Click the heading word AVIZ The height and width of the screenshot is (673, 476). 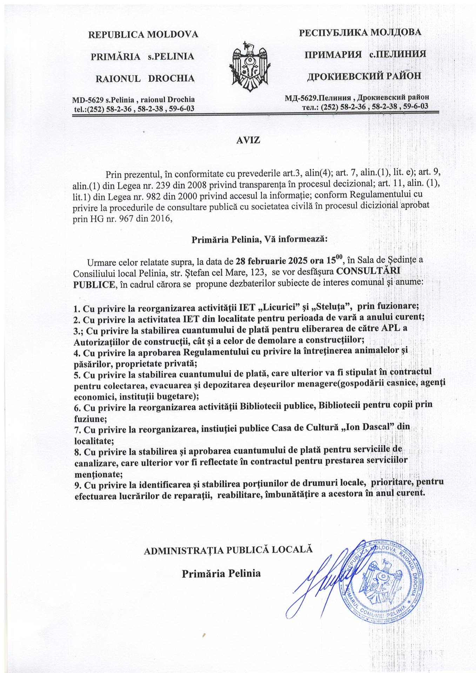[248, 140]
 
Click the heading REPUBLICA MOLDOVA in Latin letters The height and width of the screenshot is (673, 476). [143, 34]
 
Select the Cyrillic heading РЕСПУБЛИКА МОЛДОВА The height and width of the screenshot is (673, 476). [360, 33]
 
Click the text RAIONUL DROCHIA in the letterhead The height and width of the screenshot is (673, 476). [145, 78]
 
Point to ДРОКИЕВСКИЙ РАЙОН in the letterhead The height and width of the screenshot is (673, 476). [364, 76]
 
